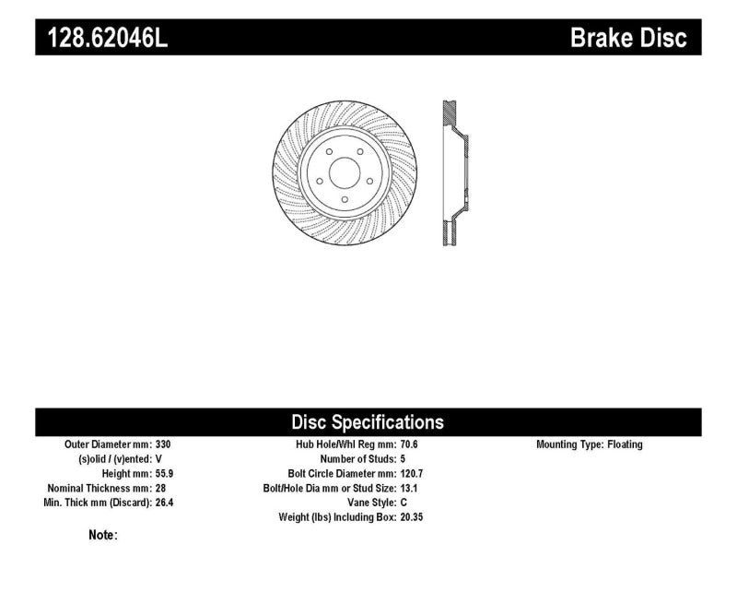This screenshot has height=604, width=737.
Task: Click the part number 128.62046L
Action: tap(108, 38)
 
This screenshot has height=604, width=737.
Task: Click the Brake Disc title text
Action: tap(628, 38)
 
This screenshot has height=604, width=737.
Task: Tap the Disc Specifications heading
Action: tap(368, 422)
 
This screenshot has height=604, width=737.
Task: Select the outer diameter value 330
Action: tap(163, 444)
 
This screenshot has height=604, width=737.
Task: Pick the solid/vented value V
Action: tap(158, 458)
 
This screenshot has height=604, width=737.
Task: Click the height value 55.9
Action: tap(164, 473)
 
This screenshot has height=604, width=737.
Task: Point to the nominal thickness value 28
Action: tap(160, 489)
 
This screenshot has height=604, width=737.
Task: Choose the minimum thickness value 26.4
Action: tap(164, 503)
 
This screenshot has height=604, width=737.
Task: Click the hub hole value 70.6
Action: tap(409, 444)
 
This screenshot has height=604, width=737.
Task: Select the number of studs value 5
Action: tap(403, 458)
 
